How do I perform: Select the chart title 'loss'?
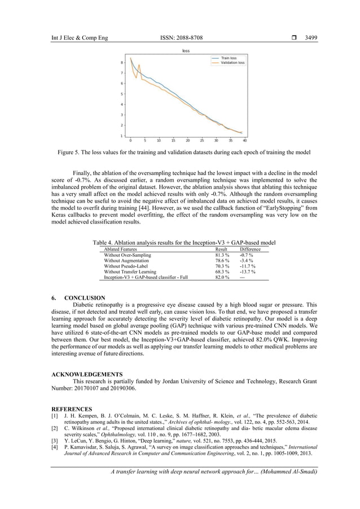click(186, 51)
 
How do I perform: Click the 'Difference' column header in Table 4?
click(250, 249)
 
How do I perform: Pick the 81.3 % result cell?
click(222, 255)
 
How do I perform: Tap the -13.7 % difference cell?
click(248, 272)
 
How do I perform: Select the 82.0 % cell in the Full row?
click(222, 278)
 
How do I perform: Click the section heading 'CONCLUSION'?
click(85, 297)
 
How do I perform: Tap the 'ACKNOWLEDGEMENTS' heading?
click(87, 374)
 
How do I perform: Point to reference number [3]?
click(55, 440)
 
